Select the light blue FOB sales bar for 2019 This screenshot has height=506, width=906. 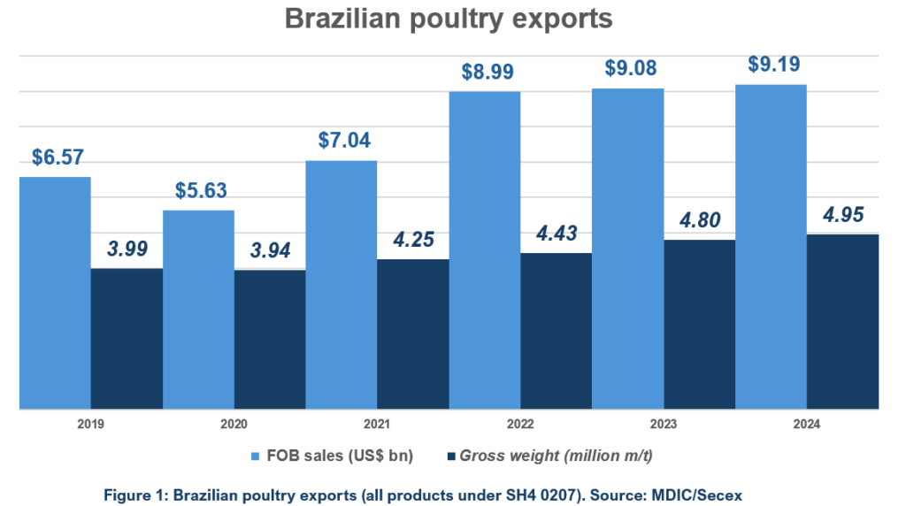tap(55, 292)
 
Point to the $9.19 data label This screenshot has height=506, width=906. tap(771, 65)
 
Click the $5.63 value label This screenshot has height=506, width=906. tap(198, 190)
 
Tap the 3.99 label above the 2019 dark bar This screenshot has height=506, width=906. tap(127, 249)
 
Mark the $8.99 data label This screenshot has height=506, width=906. tap(485, 72)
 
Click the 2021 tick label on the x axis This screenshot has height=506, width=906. tap(377, 425)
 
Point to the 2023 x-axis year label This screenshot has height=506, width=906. tap(664, 425)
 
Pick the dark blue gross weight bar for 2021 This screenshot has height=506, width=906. tap(413, 333)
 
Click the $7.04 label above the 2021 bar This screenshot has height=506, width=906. tap(342, 140)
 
